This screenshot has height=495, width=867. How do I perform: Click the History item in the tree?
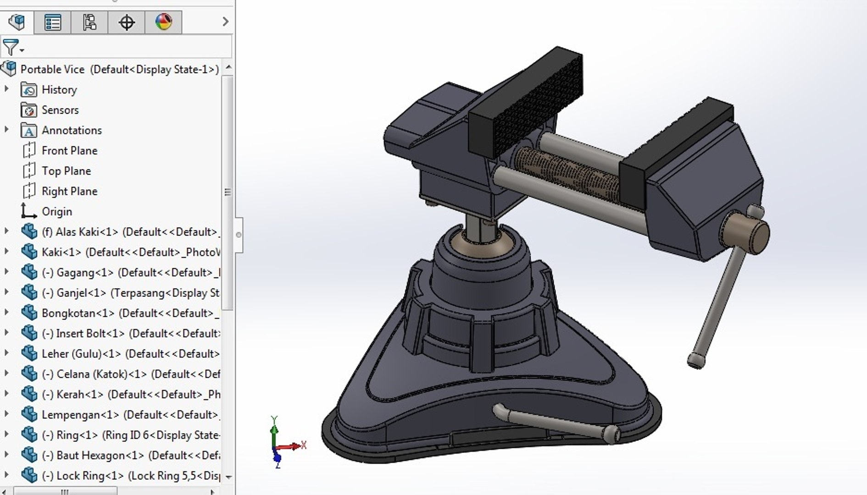point(59,90)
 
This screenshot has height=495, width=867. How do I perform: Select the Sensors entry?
point(60,110)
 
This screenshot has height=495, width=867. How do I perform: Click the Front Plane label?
point(69,151)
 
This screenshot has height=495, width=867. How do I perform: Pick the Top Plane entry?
point(66,171)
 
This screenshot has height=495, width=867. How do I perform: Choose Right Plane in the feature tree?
point(69,191)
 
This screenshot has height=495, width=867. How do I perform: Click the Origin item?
point(56,212)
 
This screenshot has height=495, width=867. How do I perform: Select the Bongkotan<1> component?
point(78,313)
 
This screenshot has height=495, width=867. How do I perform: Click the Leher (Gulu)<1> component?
point(81,354)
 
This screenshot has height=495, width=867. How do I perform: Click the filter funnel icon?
point(11,47)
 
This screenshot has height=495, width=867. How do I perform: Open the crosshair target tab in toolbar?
point(126,22)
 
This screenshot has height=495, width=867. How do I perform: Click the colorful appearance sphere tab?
point(163,22)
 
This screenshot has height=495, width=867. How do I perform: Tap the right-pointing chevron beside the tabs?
point(225,22)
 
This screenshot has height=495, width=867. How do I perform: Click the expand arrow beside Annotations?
point(6,130)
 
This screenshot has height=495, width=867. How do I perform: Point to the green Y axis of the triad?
point(274,431)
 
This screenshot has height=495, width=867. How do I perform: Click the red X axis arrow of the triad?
point(294,446)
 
